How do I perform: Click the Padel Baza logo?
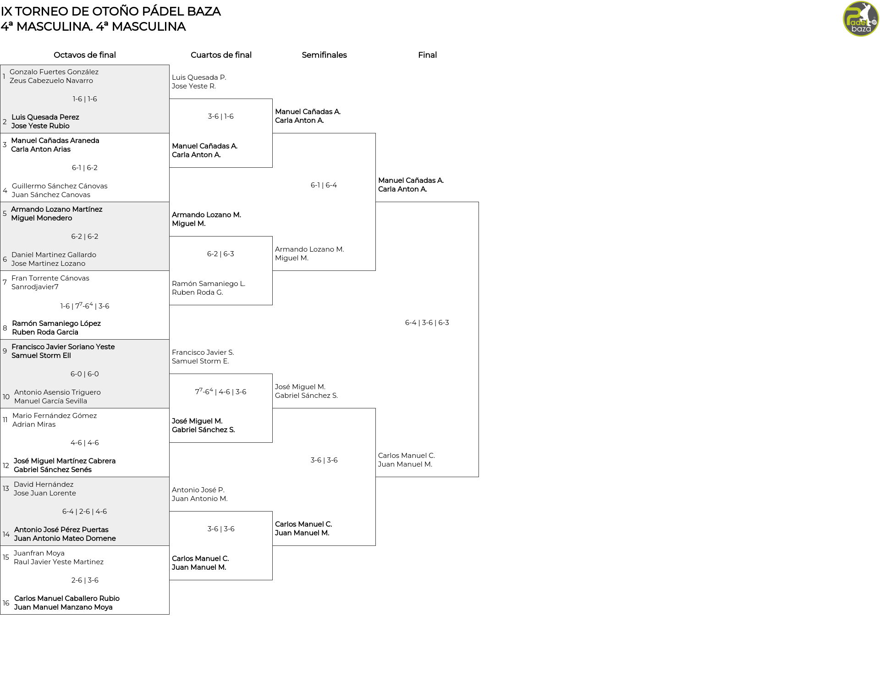(861, 19)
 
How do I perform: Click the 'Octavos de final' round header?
(85, 55)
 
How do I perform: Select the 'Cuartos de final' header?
(221, 55)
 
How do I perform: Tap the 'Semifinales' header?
(324, 55)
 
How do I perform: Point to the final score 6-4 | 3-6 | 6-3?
(427, 323)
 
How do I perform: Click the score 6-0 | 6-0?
(85, 374)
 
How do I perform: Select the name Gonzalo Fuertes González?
(54, 72)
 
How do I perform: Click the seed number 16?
(6, 603)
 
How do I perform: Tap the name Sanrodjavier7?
(35, 287)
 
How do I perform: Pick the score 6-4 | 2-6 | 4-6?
(85, 512)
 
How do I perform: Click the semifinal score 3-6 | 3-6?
(324, 460)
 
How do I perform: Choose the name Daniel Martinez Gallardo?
(54, 255)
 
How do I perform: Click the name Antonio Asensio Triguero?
(57, 392)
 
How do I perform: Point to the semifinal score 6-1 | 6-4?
(324, 185)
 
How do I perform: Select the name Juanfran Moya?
(39, 553)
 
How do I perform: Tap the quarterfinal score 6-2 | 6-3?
(220, 254)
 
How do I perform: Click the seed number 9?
(5, 351)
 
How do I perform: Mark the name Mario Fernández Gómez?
(55, 416)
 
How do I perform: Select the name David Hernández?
(44, 484)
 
